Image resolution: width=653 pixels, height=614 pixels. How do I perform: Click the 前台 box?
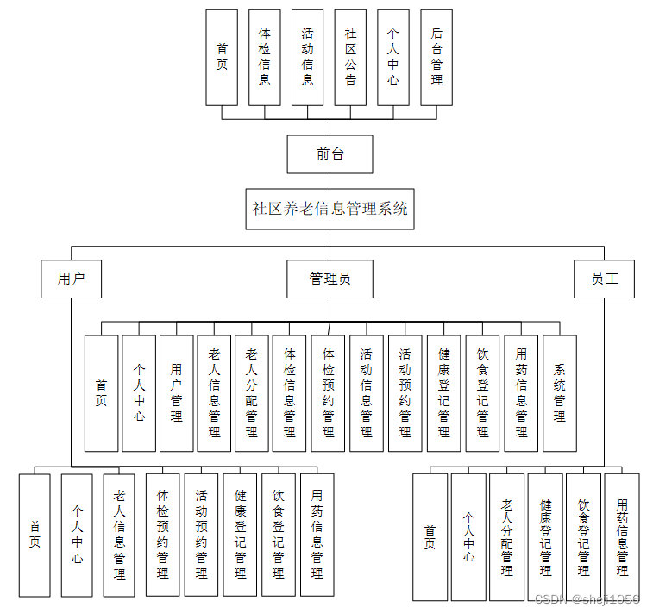[330, 154]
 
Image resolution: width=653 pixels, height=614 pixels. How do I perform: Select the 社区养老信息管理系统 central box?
[330, 209]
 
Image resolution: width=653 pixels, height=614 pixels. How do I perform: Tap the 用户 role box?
[72, 279]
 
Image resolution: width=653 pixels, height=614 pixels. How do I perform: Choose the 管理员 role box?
[330, 279]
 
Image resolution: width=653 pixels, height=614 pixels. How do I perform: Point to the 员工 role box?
[604, 279]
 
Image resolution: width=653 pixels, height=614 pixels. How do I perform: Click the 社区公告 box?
[350, 57]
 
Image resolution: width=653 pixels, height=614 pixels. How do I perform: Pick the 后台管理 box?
[436, 57]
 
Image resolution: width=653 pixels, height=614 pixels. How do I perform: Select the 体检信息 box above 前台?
[265, 57]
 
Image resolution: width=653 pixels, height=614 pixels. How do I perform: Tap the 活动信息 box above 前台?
[308, 57]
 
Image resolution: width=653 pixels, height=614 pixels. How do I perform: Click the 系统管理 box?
[560, 392]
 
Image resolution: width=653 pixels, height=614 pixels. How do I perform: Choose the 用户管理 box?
[177, 392]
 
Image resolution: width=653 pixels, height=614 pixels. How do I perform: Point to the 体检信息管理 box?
[290, 392]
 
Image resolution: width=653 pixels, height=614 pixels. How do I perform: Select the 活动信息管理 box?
[367, 392]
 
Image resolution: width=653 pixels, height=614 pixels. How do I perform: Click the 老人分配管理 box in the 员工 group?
[506, 536]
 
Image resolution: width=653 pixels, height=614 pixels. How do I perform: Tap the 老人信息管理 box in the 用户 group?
[120, 535]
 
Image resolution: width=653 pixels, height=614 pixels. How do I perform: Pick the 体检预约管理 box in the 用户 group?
[163, 535]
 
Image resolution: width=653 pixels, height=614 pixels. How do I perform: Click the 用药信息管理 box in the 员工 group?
[622, 536]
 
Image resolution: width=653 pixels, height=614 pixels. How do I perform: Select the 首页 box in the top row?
[222, 57]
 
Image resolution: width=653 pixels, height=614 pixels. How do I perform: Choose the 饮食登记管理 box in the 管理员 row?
[482, 392]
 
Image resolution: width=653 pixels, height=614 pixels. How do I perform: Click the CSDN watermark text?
[587, 599]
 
